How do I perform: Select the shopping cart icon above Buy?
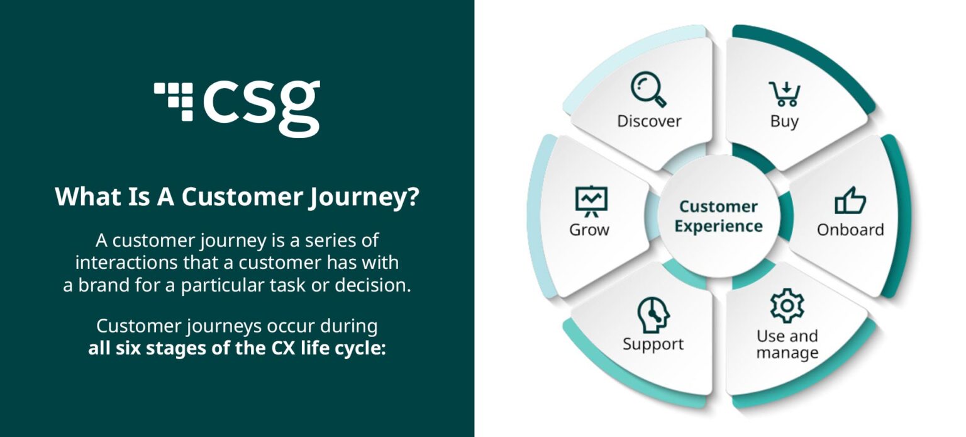pos(784,94)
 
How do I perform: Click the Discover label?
pos(649,121)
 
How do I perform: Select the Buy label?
pos(784,121)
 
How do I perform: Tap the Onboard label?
pos(850,230)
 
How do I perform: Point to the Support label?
pos(653,344)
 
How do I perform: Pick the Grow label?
pos(589,230)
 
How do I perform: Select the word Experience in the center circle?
pos(718,226)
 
